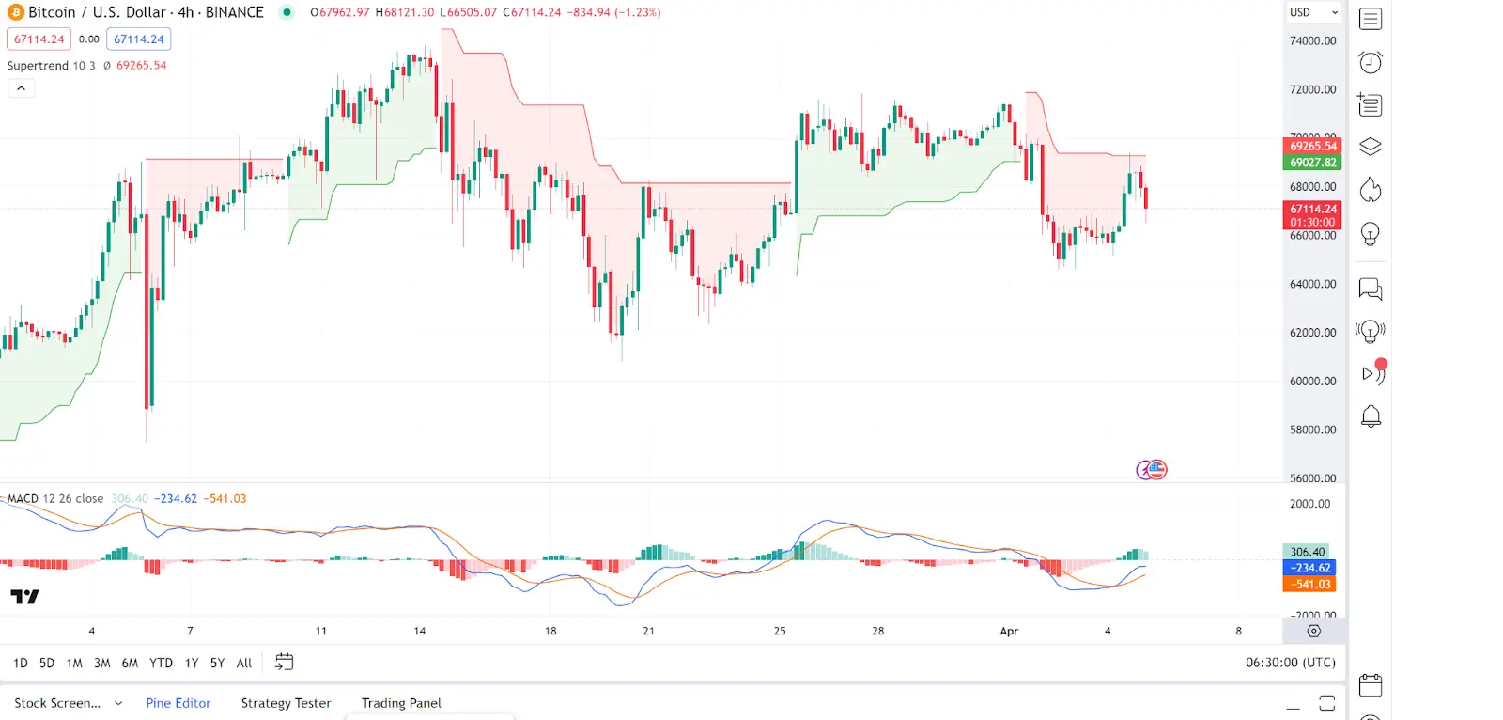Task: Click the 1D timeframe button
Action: tap(21, 663)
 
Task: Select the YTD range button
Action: tap(161, 663)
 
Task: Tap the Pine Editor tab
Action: tap(178, 703)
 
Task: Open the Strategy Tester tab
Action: tap(286, 703)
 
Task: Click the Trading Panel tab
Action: tap(401, 703)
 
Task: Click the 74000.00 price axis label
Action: tap(1312, 41)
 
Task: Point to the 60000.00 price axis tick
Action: tap(1312, 382)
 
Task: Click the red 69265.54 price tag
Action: tap(1312, 146)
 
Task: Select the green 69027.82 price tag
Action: tap(1312, 163)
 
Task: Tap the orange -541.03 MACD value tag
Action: tap(1309, 585)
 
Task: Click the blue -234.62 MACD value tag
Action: tap(1309, 568)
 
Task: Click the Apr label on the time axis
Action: tap(1009, 632)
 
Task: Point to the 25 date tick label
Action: tap(780, 632)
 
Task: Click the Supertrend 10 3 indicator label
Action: tap(51, 66)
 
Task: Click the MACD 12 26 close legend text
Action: tap(55, 499)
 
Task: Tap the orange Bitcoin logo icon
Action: tap(15, 12)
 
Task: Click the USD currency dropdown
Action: tap(1313, 12)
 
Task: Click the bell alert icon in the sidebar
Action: tap(1371, 416)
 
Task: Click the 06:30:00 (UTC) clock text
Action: tap(1290, 663)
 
